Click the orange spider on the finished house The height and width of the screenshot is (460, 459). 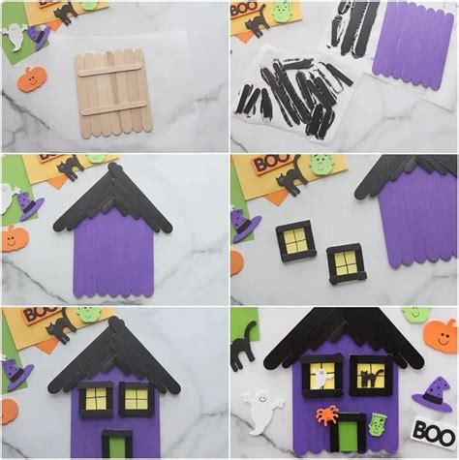click(325, 414)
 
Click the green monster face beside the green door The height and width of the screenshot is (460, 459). click(382, 422)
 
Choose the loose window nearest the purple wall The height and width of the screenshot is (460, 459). click(346, 262)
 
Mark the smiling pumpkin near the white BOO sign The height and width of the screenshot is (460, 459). click(440, 334)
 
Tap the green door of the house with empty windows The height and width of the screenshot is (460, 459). click(117, 445)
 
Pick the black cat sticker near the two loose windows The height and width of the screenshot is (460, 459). click(291, 178)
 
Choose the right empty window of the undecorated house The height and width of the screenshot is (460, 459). click(137, 398)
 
